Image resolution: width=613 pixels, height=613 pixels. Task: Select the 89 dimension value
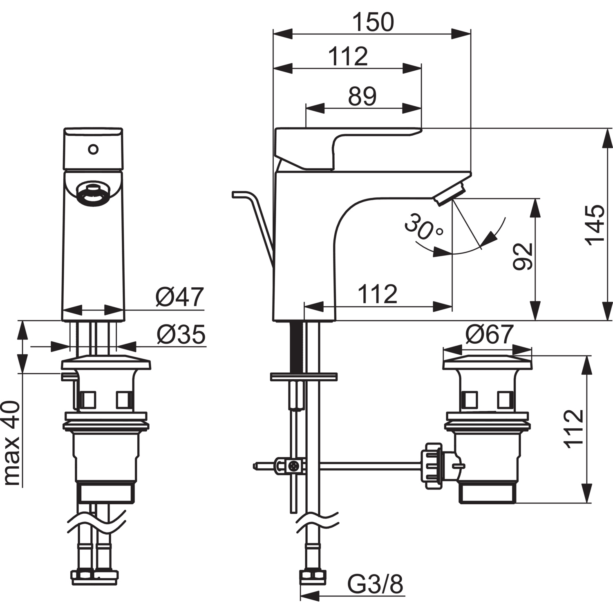[362, 97]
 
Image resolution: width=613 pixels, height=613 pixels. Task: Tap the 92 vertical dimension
[523, 256]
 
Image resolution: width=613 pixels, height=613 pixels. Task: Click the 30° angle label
[423, 227]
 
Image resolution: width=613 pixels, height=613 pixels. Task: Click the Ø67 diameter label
[488, 335]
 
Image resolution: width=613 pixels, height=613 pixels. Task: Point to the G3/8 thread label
[375, 584]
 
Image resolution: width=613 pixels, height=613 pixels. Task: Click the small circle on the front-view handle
[93, 150]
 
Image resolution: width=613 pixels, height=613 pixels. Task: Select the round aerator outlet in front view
[93, 193]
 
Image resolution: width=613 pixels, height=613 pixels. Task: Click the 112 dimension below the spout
[377, 294]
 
